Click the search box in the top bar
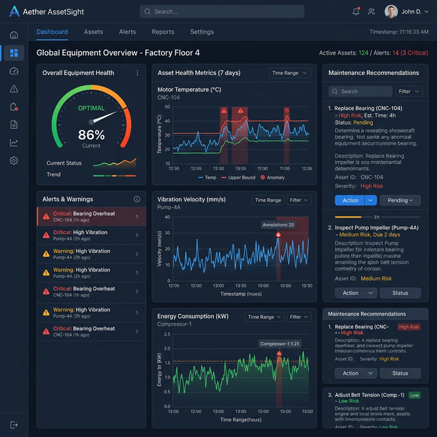[222, 12]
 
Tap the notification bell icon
[356, 12]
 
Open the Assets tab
[94, 32]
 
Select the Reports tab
[163, 32]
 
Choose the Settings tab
[201, 32]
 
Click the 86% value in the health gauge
[91, 135]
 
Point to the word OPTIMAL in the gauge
[91, 108]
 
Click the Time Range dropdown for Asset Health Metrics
[290, 73]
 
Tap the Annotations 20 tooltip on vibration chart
[278, 225]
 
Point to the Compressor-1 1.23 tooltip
[279, 344]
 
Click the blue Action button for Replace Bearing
[350, 200]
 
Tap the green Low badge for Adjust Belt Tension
[414, 395]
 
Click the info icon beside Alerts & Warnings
[137, 199]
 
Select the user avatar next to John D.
[391, 12]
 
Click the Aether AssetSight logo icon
[14, 12]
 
